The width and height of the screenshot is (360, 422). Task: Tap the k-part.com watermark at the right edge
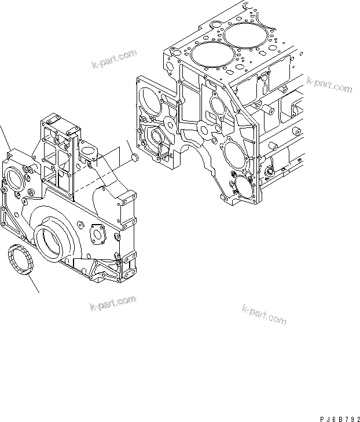(329, 85)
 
